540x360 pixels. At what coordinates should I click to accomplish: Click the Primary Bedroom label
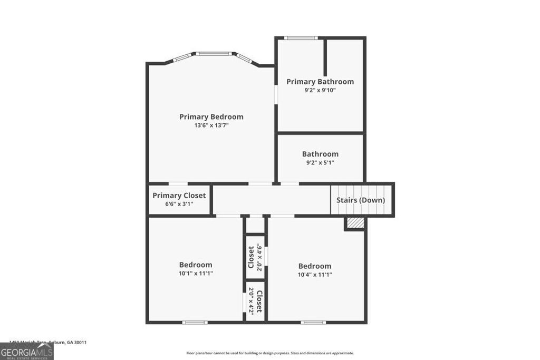pos(211,116)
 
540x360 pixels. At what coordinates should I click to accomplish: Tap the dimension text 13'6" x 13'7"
pos(211,125)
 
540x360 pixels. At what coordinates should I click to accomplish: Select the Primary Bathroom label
pos(320,82)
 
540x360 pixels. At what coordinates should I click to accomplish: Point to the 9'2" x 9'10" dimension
pos(320,90)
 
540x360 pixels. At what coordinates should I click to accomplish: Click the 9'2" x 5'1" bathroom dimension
pos(320,163)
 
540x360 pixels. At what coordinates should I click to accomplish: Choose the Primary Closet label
pos(179,196)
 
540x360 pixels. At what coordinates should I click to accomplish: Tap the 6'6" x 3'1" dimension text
pos(179,204)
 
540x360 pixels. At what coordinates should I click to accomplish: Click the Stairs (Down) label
pos(361,200)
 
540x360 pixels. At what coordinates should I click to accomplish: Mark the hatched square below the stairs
pos(355,223)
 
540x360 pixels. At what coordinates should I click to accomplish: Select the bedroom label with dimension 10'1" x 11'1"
pos(196,265)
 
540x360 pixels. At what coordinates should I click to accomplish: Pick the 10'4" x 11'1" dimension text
pos(315,275)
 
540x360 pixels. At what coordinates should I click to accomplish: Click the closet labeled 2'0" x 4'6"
pos(255,257)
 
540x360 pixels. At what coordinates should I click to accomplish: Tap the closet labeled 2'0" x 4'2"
pos(255,301)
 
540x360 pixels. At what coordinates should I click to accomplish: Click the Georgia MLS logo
pos(26,351)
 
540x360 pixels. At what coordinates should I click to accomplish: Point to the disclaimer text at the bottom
pos(270,353)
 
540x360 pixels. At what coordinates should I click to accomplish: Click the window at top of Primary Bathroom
pos(301,38)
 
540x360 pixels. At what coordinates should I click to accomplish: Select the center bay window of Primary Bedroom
pos(214,53)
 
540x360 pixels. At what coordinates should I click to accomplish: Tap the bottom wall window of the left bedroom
pos(195,322)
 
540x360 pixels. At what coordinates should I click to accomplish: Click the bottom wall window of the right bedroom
pos(313,322)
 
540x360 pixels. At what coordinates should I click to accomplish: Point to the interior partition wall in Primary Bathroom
pos(325,58)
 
